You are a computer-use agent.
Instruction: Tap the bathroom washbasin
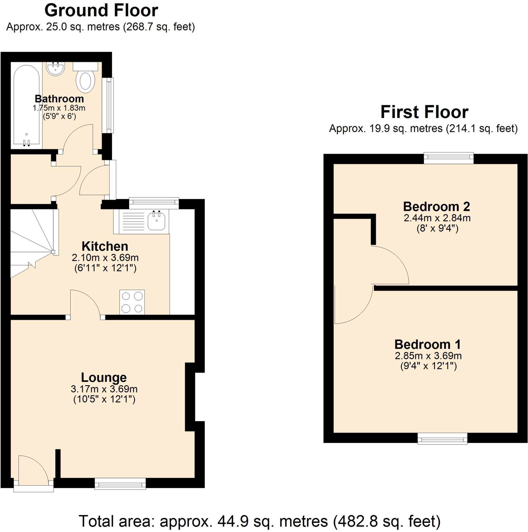click(x=56, y=69)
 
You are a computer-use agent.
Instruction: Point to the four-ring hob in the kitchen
click(x=132, y=302)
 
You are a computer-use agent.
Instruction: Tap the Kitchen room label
click(x=105, y=246)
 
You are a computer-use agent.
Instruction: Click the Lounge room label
click(x=104, y=377)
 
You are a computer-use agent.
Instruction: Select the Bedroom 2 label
click(x=436, y=206)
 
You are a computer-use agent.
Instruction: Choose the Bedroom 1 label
click(x=427, y=344)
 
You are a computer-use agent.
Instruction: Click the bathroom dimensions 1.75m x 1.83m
click(x=59, y=108)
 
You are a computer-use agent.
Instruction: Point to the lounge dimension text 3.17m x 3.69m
click(x=104, y=389)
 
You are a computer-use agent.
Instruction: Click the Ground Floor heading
click(x=101, y=10)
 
